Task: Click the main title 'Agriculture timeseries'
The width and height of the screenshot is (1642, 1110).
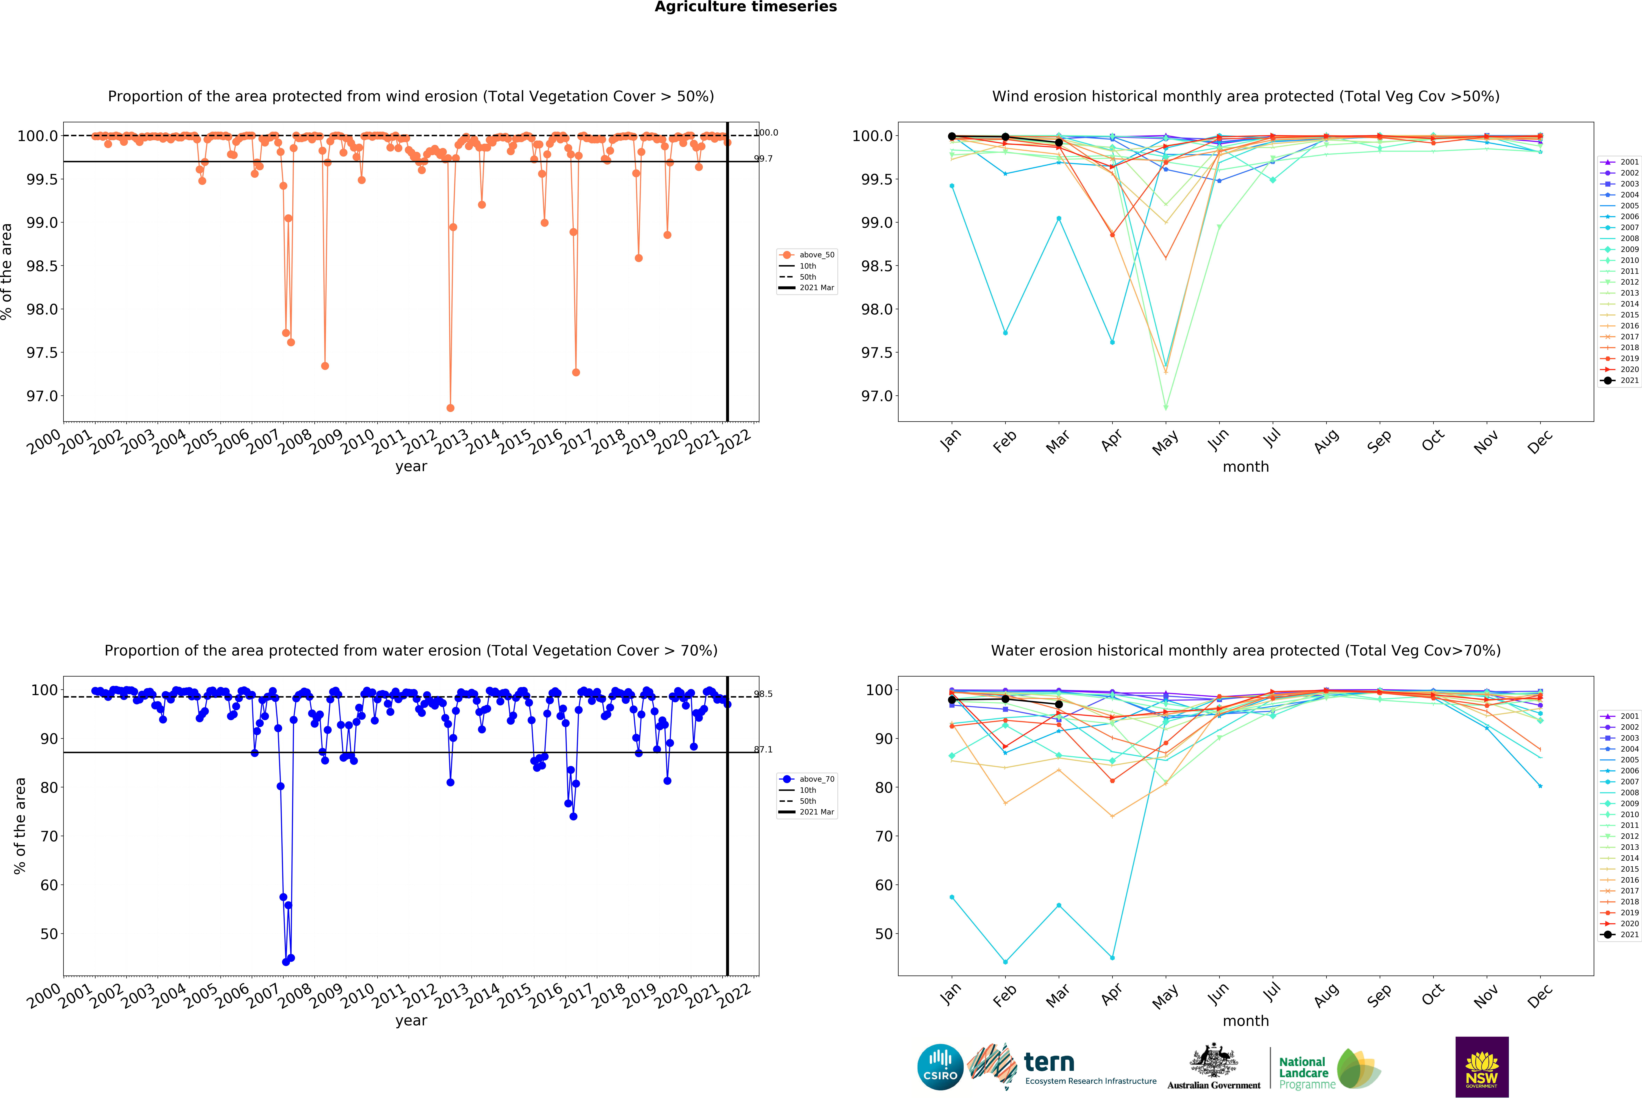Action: (745, 7)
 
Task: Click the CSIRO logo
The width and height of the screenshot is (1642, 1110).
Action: (940, 1067)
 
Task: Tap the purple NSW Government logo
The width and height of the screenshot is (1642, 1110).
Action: (1482, 1067)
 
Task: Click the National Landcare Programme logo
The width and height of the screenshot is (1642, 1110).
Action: (1328, 1068)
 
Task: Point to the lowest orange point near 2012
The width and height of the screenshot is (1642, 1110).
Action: (450, 408)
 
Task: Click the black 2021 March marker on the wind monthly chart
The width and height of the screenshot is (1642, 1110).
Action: (1058, 143)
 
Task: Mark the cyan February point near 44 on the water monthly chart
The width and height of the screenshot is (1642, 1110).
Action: (1005, 962)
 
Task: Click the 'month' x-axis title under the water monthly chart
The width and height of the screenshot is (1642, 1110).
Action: (1246, 1021)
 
